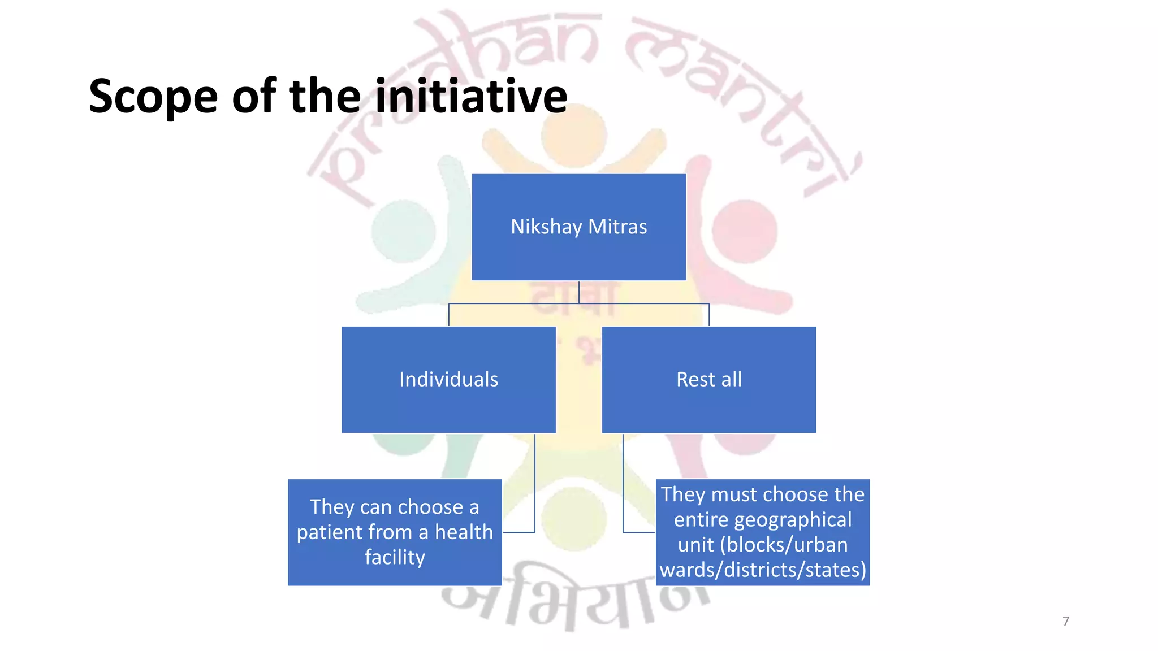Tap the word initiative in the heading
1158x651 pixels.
471,96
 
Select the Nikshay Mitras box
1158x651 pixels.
578,227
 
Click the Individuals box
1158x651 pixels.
448,379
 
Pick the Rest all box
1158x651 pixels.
708,379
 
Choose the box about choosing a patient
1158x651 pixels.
395,532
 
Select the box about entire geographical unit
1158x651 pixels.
762,532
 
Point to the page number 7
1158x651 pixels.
1066,621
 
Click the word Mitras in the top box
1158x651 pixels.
617,227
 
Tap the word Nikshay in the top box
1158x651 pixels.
546,227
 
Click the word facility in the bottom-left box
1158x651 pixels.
395,557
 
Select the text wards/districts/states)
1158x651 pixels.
763,570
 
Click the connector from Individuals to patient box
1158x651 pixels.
534,486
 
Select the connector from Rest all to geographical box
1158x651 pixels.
623,486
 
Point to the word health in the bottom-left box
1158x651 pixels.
464,532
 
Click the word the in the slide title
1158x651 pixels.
325,96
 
